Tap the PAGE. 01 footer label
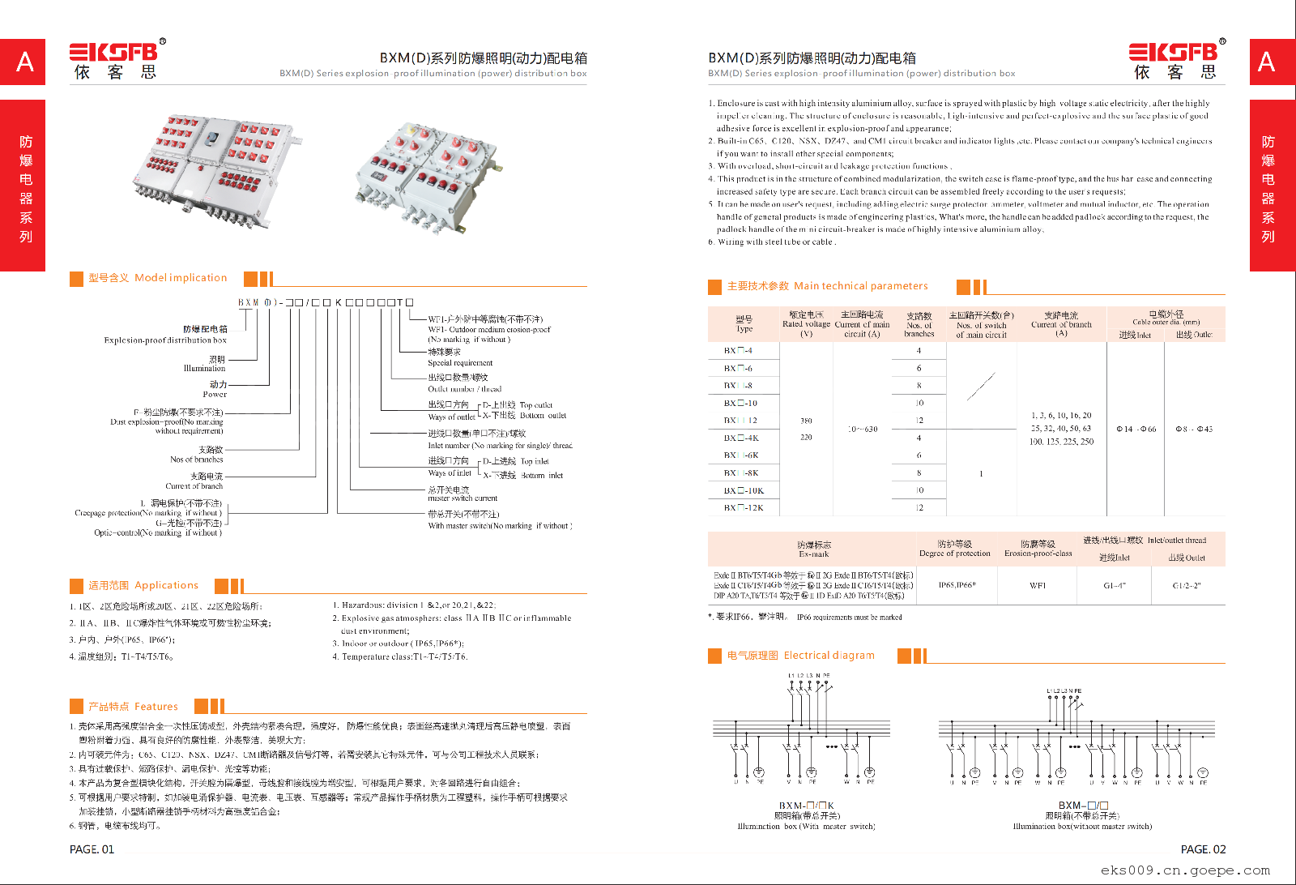pyautogui.click(x=92, y=849)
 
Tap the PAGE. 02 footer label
pyautogui.click(x=1203, y=849)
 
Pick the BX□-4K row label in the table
pyautogui.click(x=741, y=438)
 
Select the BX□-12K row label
pyautogui.click(x=743, y=508)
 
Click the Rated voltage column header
pyautogui.click(x=806, y=323)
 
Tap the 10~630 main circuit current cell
pyautogui.click(x=862, y=430)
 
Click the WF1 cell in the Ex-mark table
pyautogui.click(x=1038, y=585)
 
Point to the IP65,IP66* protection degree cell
pyautogui.click(x=957, y=585)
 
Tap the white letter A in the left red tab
pyautogui.click(x=25, y=62)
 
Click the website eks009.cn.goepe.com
pyautogui.click(x=1185, y=870)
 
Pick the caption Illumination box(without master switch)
pyautogui.click(x=1082, y=827)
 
